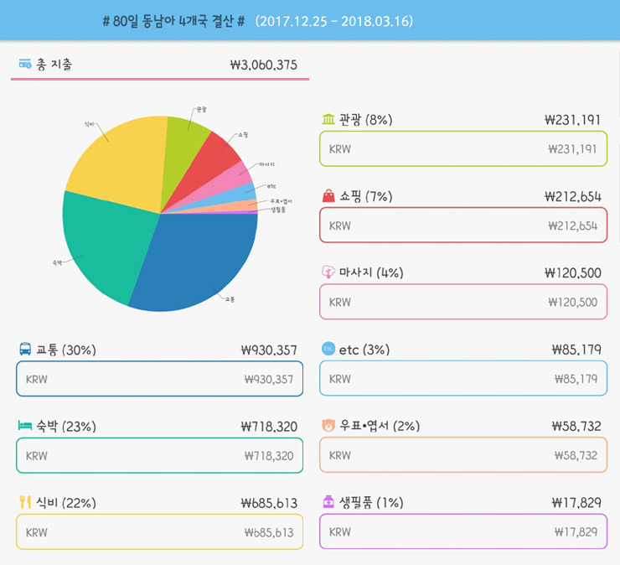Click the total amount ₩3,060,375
tap(262, 65)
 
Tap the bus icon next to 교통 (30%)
tap(25, 350)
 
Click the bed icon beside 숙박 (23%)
tap(25, 427)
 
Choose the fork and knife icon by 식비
tap(25, 503)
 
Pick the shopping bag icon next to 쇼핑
tap(328, 196)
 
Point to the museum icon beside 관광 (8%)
tap(328, 120)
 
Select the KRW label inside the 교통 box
tap(37, 380)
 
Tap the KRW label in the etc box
tap(340, 379)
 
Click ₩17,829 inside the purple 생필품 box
tap(576, 532)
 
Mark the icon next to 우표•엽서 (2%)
tap(328, 426)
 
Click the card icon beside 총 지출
tap(25, 65)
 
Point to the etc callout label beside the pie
tap(271, 185)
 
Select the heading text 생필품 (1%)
tap(371, 503)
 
